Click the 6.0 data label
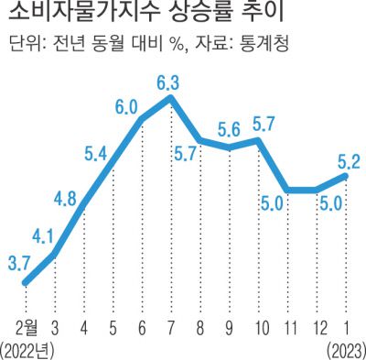click(126, 105)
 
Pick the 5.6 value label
click(230, 129)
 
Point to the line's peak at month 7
click(171, 98)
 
